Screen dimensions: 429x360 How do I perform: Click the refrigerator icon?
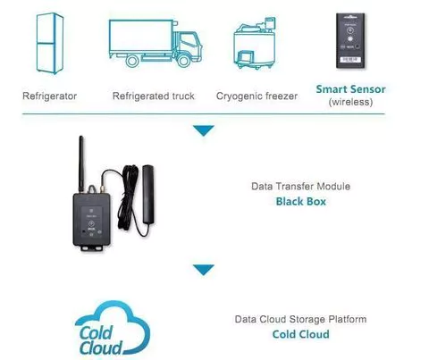click(x=50, y=43)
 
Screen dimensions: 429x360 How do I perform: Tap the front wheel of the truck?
click(x=183, y=61)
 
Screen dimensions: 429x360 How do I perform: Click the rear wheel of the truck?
click(x=132, y=61)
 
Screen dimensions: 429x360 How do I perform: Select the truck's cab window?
click(x=189, y=41)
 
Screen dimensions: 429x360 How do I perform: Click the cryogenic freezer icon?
click(x=254, y=43)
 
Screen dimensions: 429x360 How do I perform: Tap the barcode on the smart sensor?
click(x=350, y=60)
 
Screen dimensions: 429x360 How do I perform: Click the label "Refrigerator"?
click(x=50, y=96)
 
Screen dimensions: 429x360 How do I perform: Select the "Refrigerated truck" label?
click(x=154, y=96)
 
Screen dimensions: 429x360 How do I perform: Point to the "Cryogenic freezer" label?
click(x=257, y=96)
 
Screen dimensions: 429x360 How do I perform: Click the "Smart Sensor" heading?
click(x=350, y=89)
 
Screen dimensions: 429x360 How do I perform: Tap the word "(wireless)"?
click(x=350, y=102)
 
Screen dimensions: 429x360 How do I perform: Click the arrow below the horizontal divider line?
click(x=204, y=130)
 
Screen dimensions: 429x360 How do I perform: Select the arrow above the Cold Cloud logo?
click(x=204, y=270)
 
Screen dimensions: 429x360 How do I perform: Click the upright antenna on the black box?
click(x=81, y=163)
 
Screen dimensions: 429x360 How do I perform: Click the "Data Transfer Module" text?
click(x=300, y=187)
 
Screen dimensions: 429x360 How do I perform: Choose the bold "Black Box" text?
click(x=301, y=202)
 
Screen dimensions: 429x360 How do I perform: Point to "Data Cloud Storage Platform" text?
click(x=300, y=319)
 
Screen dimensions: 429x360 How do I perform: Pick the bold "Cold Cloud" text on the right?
click(x=301, y=334)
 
